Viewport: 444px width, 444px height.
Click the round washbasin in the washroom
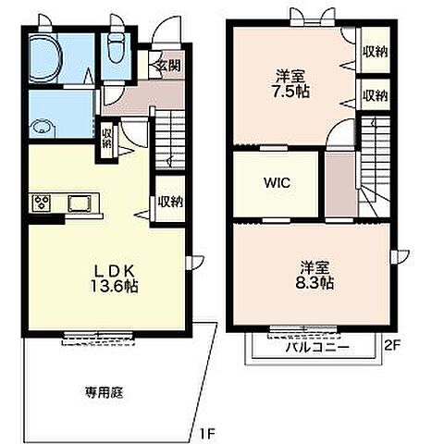point(43,129)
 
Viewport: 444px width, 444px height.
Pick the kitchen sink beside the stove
point(77,202)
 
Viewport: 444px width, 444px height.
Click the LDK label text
point(112,270)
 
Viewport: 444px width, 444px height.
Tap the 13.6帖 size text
point(113,287)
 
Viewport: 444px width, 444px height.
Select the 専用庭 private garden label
point(105,392)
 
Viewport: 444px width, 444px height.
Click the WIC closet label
point(279,182)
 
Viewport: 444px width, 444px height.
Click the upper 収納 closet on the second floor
point(375,51)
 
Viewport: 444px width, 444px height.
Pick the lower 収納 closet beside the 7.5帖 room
point(375,95)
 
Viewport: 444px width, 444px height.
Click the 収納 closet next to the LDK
point(169,202)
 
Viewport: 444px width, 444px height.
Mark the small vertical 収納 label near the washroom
point(107,138)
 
